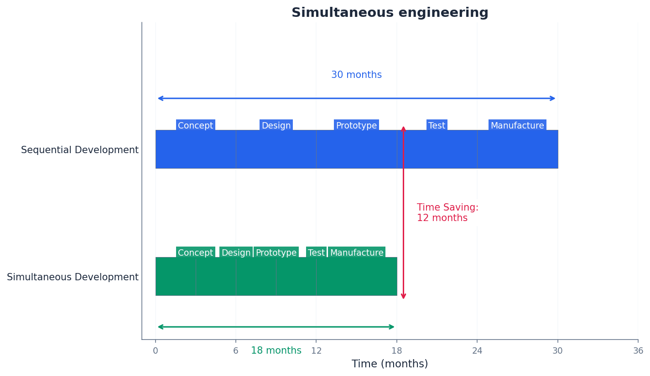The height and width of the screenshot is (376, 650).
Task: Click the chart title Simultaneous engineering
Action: point(390,13)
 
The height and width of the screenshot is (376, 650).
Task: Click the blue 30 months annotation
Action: point(356,75)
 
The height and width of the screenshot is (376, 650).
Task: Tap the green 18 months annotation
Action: point(276,351)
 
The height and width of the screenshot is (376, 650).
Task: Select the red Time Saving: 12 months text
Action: point(447,213)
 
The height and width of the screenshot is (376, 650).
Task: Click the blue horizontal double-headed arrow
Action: point(356,98)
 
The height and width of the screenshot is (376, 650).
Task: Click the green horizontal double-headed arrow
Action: point(276,327)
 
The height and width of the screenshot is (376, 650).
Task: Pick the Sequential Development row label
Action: point(80,150)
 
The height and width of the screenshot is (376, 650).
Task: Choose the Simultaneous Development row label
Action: point(73,277)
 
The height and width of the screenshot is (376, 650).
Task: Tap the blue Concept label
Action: point(195,125)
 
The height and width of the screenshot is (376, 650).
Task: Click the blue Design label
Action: point(276,125)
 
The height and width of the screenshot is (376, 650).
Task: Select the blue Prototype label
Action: point(356,125)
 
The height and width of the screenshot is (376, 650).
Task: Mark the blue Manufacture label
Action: point(517,125)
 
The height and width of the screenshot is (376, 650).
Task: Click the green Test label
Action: point(316,252)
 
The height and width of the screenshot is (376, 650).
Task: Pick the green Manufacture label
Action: point(357,252)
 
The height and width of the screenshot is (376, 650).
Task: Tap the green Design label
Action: point(236,252)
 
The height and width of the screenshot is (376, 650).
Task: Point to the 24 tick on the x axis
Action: point(477,351)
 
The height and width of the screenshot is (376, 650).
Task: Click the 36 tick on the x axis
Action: point(638,351)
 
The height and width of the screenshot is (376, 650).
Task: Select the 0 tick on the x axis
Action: point(156,351)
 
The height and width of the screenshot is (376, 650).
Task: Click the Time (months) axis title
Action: point(390,364)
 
